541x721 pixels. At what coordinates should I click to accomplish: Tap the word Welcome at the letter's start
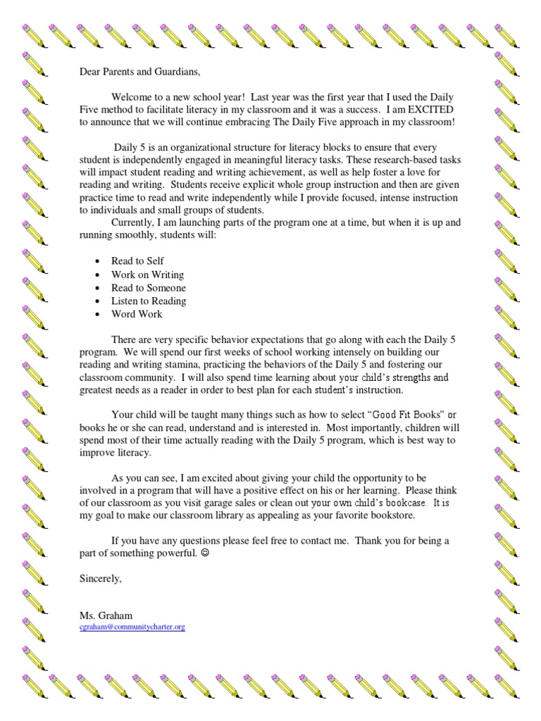click(134, 98)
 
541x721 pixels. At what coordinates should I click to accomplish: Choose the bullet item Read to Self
click(137, 261)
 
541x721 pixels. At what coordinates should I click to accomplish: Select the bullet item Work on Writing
click(147, 274)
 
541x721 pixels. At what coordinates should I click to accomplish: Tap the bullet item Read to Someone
click(148, 287)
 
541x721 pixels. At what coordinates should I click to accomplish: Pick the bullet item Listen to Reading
click(149, 301)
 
